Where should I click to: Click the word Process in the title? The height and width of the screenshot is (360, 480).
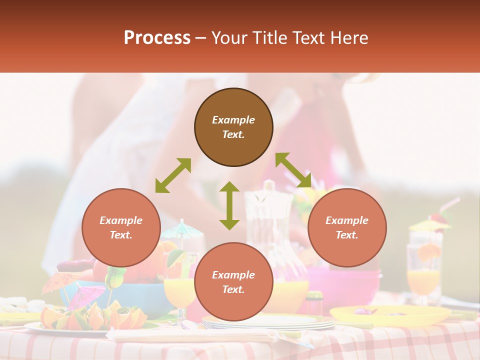pyautogui.click(x=157, y=38)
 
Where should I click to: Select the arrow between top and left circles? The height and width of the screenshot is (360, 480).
pyautogui.click(x=173, y=175)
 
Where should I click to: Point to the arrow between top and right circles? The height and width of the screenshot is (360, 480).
pyautogui.click(x=293, y=170)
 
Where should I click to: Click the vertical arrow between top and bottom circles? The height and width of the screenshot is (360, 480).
pyautogui.click(x=229, y=205)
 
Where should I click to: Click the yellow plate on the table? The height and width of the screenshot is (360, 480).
pyautogui.click(x=390, y=315)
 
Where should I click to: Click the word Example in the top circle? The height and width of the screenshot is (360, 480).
pyautogui.click(x=233, y=120)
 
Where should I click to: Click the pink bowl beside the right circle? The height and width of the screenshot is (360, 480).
pyautogui.click(x=345, y=283)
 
